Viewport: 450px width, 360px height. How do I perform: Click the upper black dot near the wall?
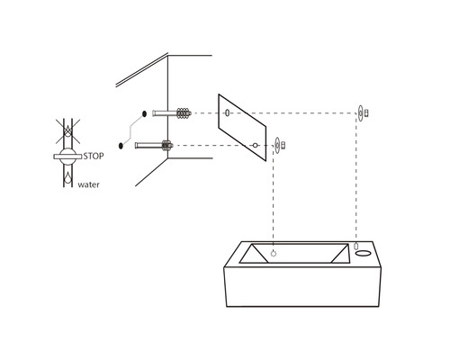pyautogui.click(x=142, y=113)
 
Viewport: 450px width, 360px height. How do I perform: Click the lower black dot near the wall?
pyautogui.click(x=121, y=144)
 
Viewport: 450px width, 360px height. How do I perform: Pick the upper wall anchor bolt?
pyautogui.click(x=170, y=113)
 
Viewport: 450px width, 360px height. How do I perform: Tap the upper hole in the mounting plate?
pyautogui.click(x=227, y=113)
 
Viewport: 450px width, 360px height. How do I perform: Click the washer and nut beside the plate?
pyautogui.click(x=279, y=144)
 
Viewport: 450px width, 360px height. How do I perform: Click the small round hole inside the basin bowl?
pyautogui.click(x=274, y=254)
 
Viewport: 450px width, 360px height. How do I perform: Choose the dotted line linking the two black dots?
pyautogui.click(x=131, y=130)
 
